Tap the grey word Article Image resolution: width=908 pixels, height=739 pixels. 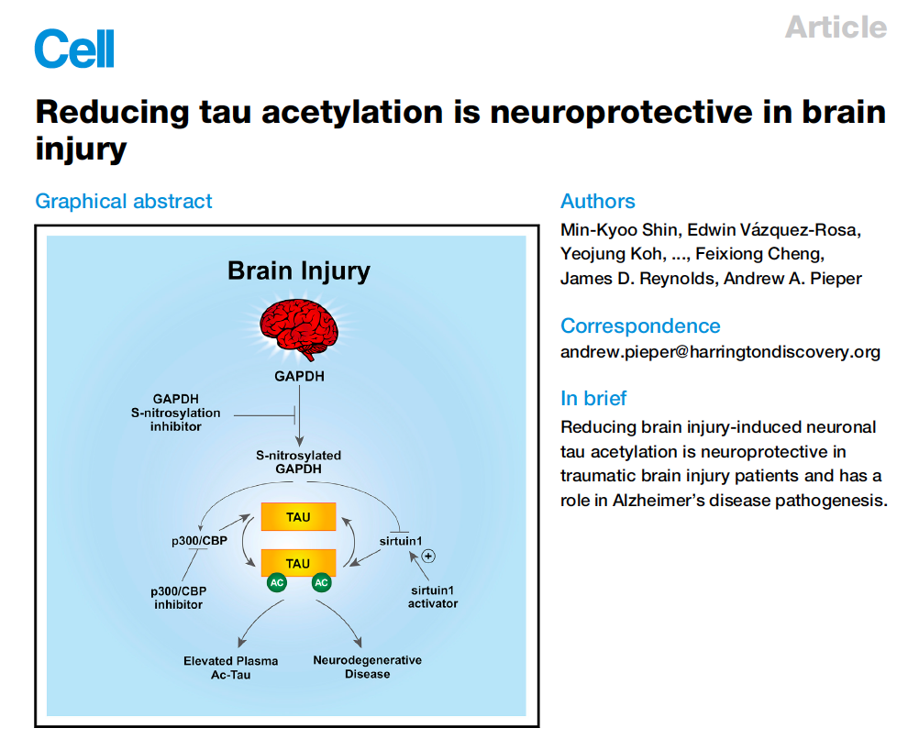pos(836,27)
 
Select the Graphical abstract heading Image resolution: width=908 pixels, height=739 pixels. pos(124,202)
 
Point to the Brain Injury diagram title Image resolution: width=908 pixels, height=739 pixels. pos(299,271)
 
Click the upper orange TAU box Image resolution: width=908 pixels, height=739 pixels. pos(298,517)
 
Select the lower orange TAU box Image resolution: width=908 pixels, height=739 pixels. pos(298,563)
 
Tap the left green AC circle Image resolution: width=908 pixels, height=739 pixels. pos(276,582)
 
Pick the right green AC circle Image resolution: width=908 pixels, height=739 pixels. pos(321,582)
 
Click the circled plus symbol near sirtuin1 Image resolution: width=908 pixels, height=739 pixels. pos(427,557)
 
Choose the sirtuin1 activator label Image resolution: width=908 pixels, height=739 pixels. pos(432,597)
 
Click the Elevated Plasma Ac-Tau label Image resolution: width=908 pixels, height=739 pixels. pos(230,667)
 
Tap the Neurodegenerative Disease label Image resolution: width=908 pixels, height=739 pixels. pos(367,667)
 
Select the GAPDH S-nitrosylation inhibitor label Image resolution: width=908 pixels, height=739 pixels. pos(176,413)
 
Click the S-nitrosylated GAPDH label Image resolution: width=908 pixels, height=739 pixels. pos(299,461)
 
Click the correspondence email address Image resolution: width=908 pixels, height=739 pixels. pos(720,352)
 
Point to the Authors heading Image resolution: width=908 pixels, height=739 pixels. pos(597,202)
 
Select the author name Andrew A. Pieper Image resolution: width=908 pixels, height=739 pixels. pos(792,278)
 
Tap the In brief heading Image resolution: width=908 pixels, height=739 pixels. pos(593,398)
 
